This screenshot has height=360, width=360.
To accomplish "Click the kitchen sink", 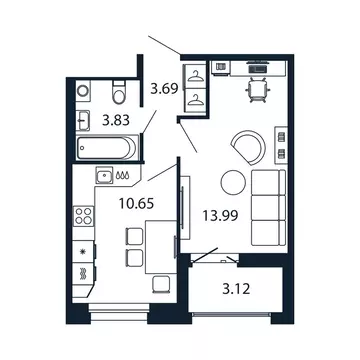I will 104,177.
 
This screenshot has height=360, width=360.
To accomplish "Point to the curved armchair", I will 247,147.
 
